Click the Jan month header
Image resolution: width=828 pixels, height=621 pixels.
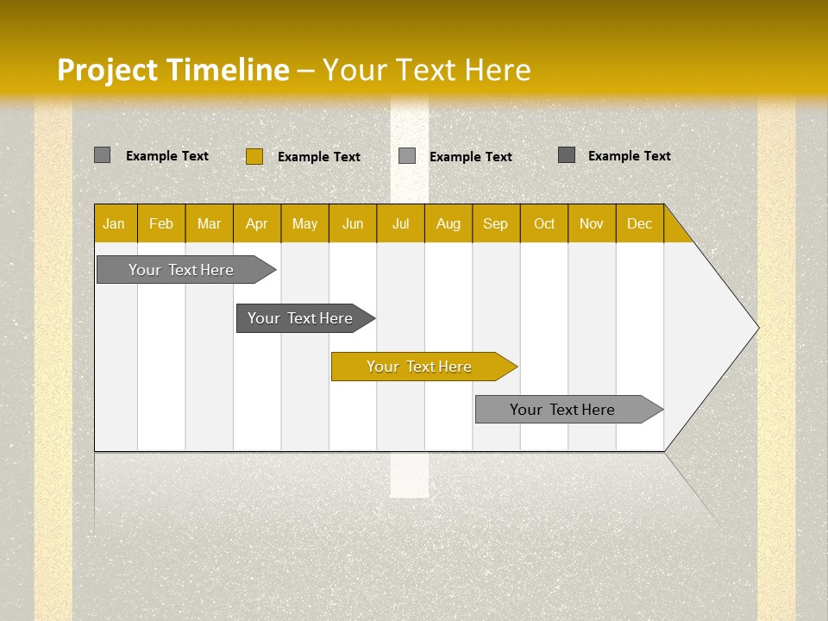point(115,223)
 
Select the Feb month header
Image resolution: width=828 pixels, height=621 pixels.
point(161,223)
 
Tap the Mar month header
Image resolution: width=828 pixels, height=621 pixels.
point(209,223)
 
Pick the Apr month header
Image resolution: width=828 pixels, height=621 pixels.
point(257,223)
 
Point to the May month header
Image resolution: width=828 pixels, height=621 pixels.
point(304,223)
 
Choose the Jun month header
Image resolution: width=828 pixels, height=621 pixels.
point(353,223)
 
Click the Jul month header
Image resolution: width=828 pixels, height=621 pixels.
point(400,223)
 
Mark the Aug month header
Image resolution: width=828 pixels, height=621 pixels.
point(448,223)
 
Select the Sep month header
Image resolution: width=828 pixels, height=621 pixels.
point(496,223)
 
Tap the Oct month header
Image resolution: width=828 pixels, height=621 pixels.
point(544,223)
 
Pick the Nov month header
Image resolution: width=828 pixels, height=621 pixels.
point(592,223)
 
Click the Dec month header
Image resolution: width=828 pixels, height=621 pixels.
point(640,223)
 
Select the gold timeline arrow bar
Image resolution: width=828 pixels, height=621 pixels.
point(423,367)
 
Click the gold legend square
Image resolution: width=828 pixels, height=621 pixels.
point(254,156)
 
